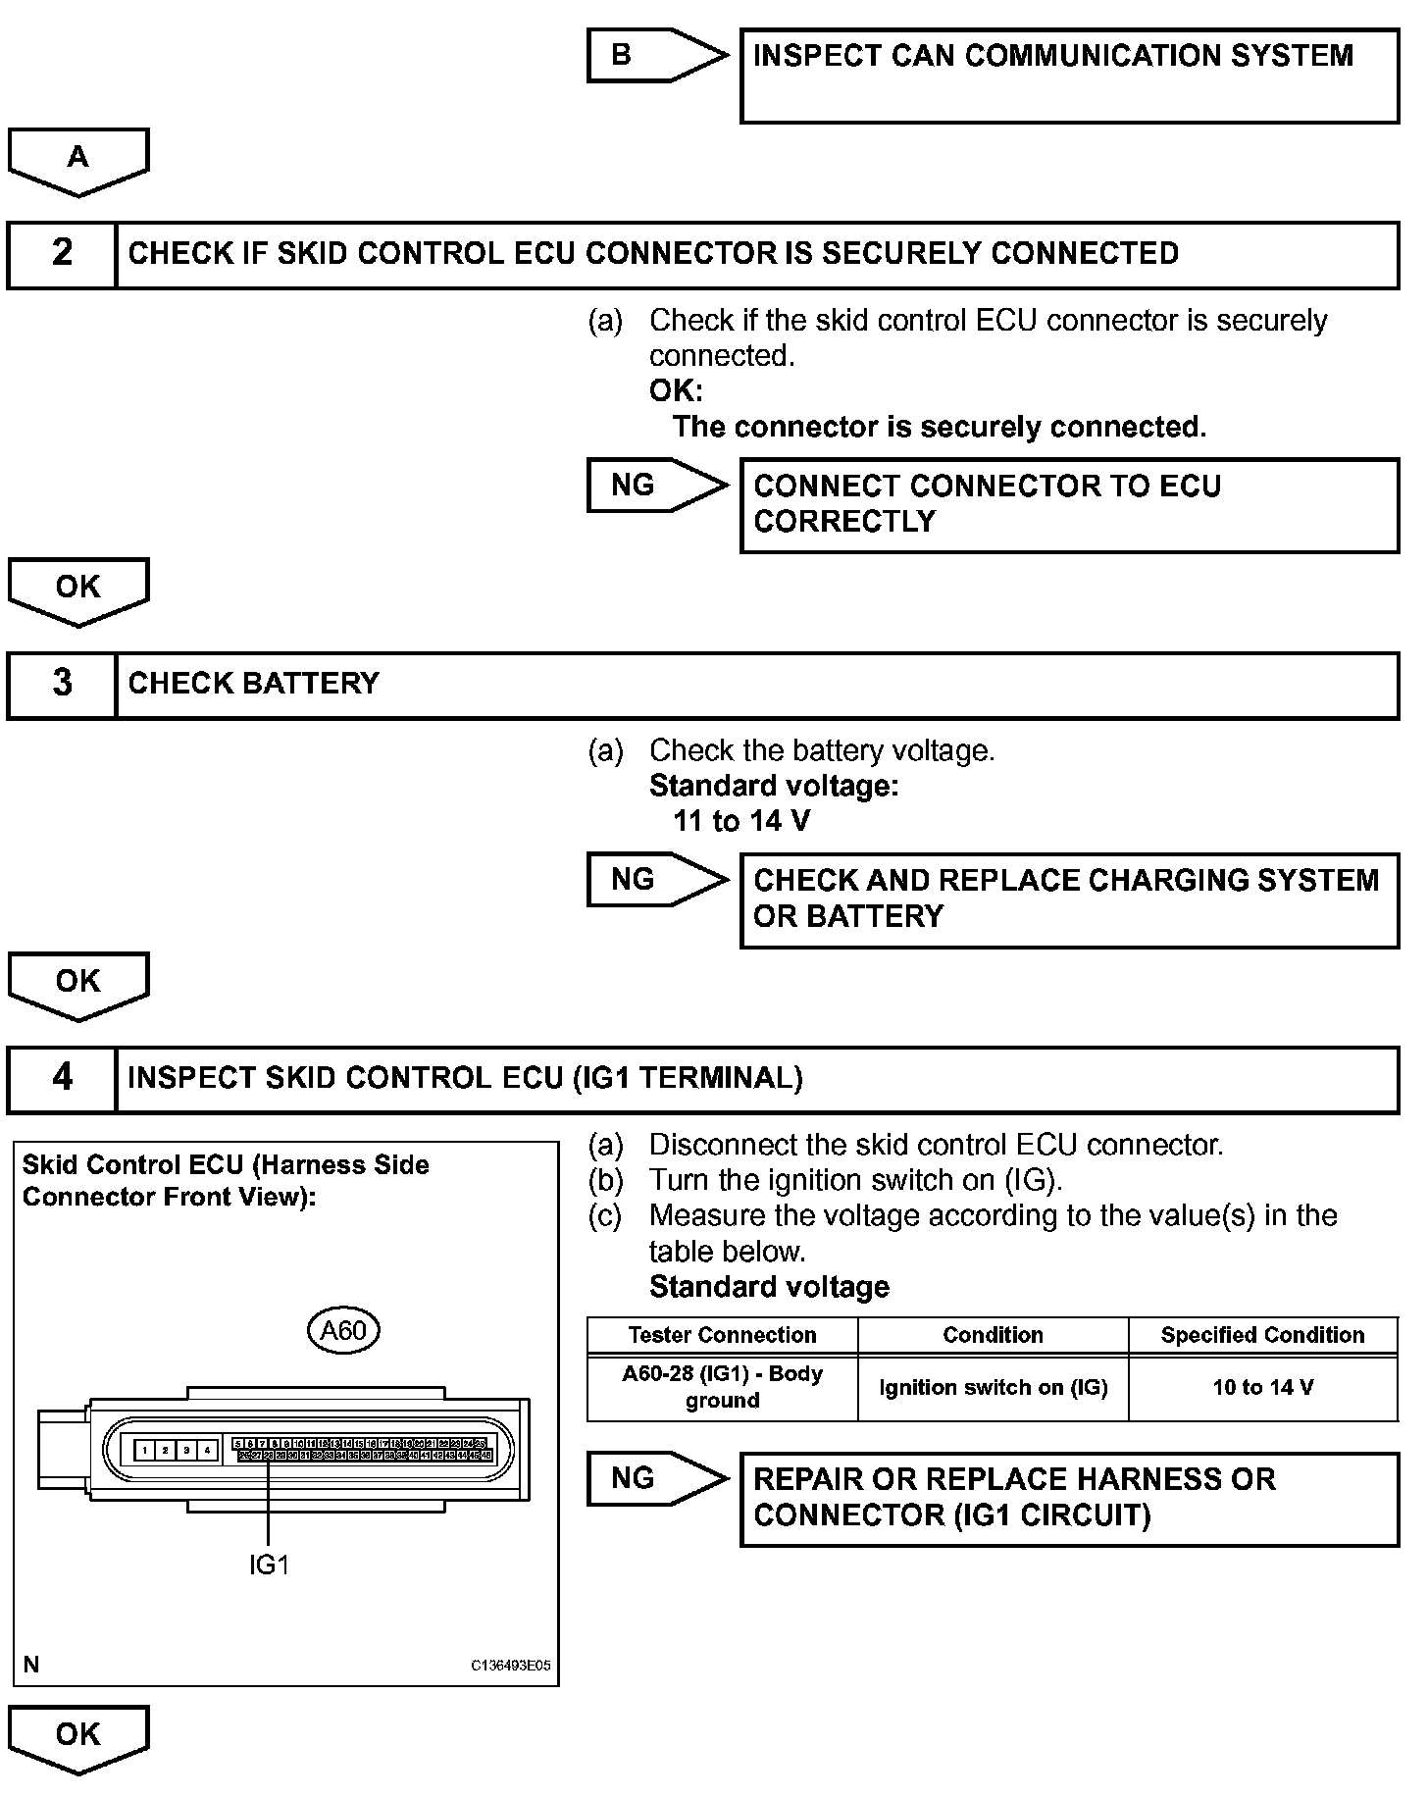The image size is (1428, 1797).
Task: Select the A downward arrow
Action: pos(78,159)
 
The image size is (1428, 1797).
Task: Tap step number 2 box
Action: pos(62,254)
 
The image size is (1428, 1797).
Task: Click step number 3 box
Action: pos(62,684)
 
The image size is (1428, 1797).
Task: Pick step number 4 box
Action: pos(62,1078)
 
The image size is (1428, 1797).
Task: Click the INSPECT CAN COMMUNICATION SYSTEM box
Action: pos(1069,76)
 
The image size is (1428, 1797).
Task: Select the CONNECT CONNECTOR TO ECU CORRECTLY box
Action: pos(1069,504)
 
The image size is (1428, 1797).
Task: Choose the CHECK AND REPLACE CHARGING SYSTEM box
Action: pos(1069,898)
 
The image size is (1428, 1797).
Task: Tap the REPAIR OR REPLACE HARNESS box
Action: pos(1069,1498)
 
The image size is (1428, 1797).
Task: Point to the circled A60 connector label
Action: pos(343,1330)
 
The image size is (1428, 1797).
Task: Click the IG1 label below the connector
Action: pos(269,1565)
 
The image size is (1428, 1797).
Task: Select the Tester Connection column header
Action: pos(722,1335)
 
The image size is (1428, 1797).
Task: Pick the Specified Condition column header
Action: pos(1262,1335)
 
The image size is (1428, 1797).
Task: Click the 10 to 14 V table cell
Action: pos(1262,1387)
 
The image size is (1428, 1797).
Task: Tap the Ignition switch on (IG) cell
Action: pos(993,1387)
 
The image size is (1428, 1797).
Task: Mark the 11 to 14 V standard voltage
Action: pos(741,821)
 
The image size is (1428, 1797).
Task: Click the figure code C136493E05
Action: pos(510,1665)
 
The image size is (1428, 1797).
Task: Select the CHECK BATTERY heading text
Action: pos(253,684)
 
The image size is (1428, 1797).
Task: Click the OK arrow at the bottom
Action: pos(78,1736)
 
